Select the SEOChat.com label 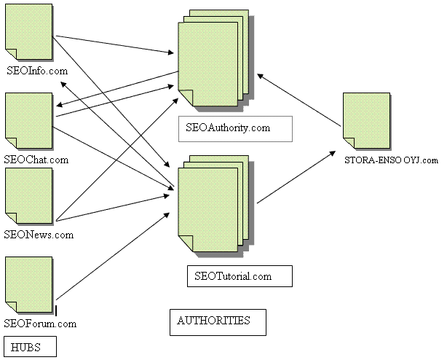pyautogui.click(x=36, y=159)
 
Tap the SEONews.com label pyautogui.click(x=39, y=235)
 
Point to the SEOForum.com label pyautogui.click(x=40, y=323)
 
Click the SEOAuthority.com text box pyautogui.click(x=235, y=128)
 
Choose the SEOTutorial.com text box pyautogui.click(x=240, y=276)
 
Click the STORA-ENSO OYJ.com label pyautogui.click(x=392, y=160)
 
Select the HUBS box pyautogui.click(x=31, y=346)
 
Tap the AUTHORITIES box pyautogui.click(x=218, y=321)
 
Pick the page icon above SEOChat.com pyautogui.click(x=28, y=121)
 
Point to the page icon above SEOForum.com pyautogui.click(x=28, y=285)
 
